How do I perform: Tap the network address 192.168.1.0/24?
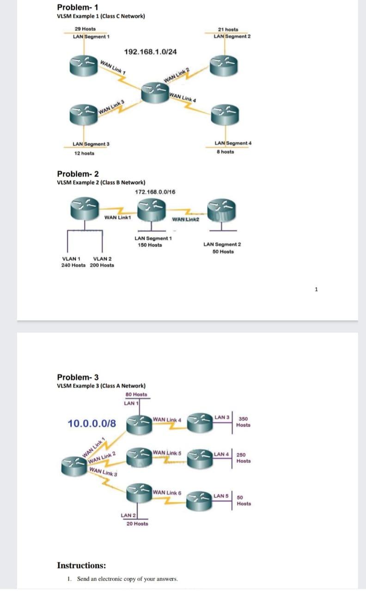coord(151,52)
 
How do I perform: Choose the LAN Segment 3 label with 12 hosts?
coord(91,145)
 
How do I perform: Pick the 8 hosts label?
coord(225,151)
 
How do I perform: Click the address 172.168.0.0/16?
coord(155,192)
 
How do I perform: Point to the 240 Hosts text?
coord(73,265)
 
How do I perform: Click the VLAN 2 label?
coord(102,259)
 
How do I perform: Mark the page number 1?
coord(316,290)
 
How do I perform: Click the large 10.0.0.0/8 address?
coord(92,423)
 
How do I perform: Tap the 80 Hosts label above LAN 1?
coord(136,395)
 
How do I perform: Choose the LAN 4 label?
coord(222,455)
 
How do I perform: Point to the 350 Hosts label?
coord(243,422)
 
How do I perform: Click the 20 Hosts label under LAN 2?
coord(137,524)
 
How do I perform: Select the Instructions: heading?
coord(81,566)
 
